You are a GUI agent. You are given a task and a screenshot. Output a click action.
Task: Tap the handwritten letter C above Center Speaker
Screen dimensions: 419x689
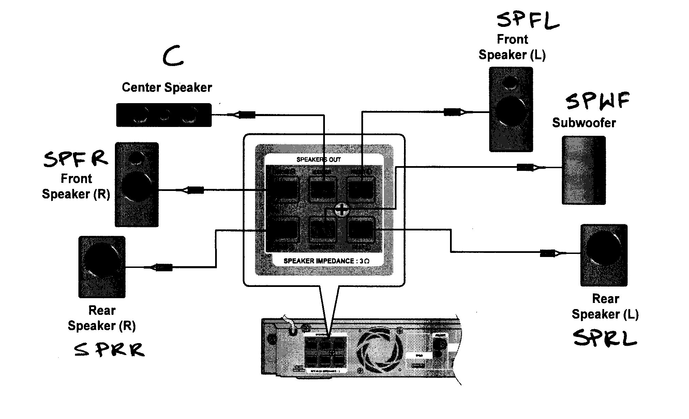pyautogui.click(x=173, y=57)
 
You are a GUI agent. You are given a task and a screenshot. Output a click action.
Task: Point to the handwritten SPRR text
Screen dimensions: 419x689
pyautogui.click(x=109, y=350)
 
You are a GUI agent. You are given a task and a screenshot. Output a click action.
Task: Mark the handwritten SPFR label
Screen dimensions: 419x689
pyautogui.click(x=75, y=159)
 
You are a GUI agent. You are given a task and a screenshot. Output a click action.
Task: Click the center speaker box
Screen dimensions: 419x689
pyautogui.click(x=164, y=115)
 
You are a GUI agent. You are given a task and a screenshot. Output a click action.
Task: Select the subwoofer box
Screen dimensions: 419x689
pyautogui.click(x=583, y=170)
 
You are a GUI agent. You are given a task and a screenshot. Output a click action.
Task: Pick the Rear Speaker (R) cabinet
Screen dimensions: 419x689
pyautogui.click(x=102, y=267)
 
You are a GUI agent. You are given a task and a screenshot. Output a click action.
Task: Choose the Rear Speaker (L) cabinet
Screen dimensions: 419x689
pyautogui.click(x=604, y=255)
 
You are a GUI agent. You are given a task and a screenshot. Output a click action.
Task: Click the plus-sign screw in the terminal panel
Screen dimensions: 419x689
pyautogui.click(x=341, y=210)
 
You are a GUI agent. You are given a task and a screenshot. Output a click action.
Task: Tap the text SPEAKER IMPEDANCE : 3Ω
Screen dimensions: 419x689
pyautogui.click(x=326, y=261)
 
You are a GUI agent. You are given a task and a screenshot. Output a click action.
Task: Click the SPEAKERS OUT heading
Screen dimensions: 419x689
pyautogui.click(x=318, y=159)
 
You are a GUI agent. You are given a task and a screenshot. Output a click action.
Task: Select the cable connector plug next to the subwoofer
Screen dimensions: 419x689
pyautogui.click(x=525, y=167)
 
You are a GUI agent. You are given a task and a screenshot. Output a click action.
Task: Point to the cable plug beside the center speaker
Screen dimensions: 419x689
pyautogui.click(x=246, y=115)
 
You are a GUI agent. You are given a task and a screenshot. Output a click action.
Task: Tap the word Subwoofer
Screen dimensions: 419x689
pyautogui.click(x=584, y=123)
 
